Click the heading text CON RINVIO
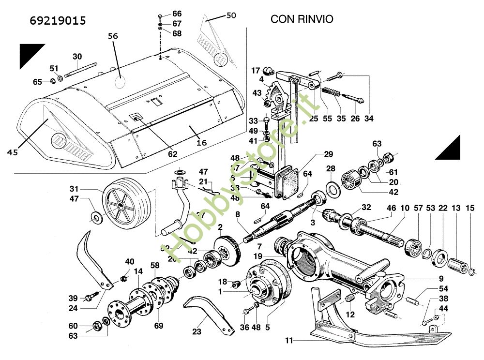pyautogui.click(x=302, y=19)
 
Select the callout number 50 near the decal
pyautogui.click(x=231, y=15)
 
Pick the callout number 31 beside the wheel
pyautogui.click(x=74, y=189)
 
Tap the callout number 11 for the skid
pyautogui.click(x=289, y=341)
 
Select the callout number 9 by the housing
pyautogui.click(x=441, y=278)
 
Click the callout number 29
pyautogui.click(x=329, y=154)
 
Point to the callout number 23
pyautogui.click(x=197, y=332)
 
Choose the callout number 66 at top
pyautogui.click(x=177, y=14)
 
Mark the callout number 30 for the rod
pyautogui.click(x=77, y=57)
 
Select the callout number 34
pyautogui.click(x=369, y=119)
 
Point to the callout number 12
pyautogui.click(x=350, y=315)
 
